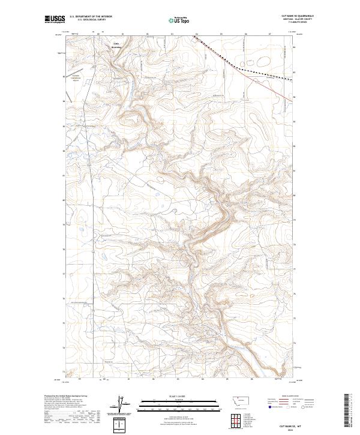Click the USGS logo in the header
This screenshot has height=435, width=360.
[x=55, y=20]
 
